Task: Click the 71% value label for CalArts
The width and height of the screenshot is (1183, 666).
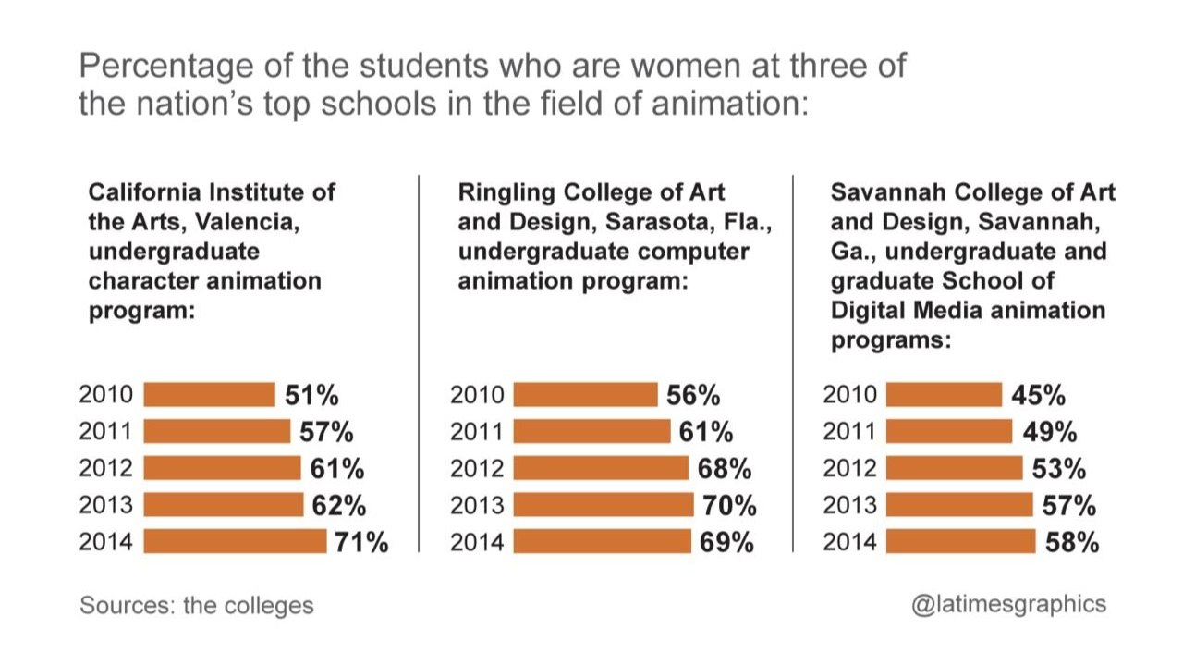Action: [x=361, y=542]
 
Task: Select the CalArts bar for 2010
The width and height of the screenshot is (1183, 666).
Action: [x=209, y=395]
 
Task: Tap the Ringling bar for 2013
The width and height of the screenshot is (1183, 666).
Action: [x=603, y=505]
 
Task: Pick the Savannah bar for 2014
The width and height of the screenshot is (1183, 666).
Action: [x=960, y=542]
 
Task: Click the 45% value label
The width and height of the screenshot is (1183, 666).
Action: [x=1038, y=395]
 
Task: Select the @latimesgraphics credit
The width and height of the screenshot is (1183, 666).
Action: [x=1008, y=604]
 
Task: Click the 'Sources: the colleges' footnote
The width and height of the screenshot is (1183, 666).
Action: [x=197, y=605]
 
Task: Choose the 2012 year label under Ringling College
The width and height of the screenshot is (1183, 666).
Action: [x=478, y=469]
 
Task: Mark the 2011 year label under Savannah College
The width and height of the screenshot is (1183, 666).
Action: [x=849, y=432]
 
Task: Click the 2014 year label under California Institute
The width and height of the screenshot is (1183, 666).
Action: [x=106, y=542]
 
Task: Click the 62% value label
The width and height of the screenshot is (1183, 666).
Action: [x=338, y=505]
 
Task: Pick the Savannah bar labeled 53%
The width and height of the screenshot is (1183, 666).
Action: [x=954, y=469]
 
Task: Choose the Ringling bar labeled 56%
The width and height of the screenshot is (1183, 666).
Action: [x=585, y=395]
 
